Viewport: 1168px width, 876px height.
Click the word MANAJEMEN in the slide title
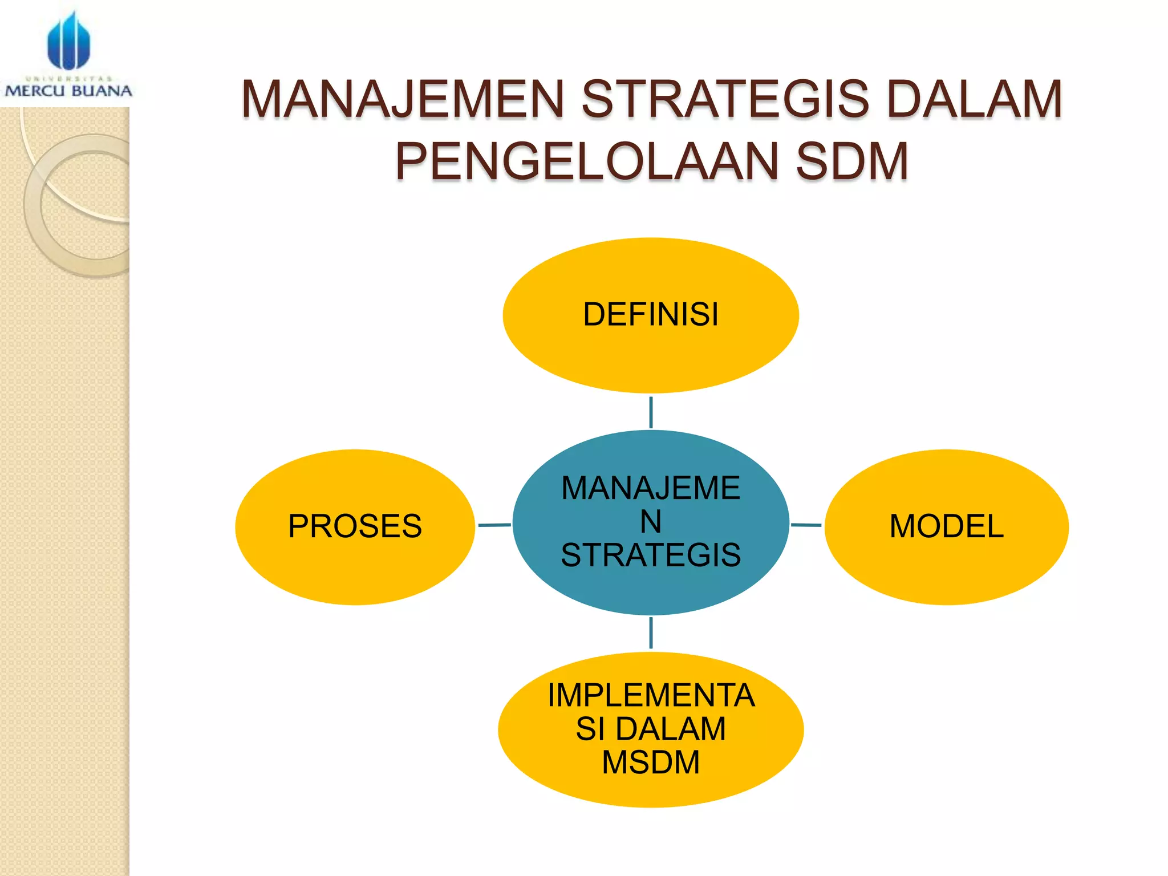[x=403, y=100]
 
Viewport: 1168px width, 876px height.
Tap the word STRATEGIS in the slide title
[x=725, y=100]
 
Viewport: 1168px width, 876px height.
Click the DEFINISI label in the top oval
[x=651, y=315]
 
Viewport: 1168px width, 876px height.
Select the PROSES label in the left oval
[x=355, y=526]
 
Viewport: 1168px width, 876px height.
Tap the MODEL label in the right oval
[x=946, y=526]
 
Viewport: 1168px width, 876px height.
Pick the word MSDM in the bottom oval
[x=651, y=763]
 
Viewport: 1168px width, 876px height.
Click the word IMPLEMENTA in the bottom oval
[x=651, y=695]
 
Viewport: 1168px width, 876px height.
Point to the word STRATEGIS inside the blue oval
[x=651, y=555]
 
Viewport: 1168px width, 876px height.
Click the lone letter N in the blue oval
[x=651, y=521]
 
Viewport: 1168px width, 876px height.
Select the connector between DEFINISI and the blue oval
[x=651, y=412]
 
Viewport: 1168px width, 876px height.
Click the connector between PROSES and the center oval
[x=494, y=525]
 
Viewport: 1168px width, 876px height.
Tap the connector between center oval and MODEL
[x=806, y=525]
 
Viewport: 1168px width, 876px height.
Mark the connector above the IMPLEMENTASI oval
[x=651, y=633]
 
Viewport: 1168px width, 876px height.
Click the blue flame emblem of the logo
[x=68, y=41]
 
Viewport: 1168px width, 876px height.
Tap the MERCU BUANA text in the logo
[x=68, y=91]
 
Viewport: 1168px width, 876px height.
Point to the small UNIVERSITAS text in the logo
[x=68, y=79]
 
